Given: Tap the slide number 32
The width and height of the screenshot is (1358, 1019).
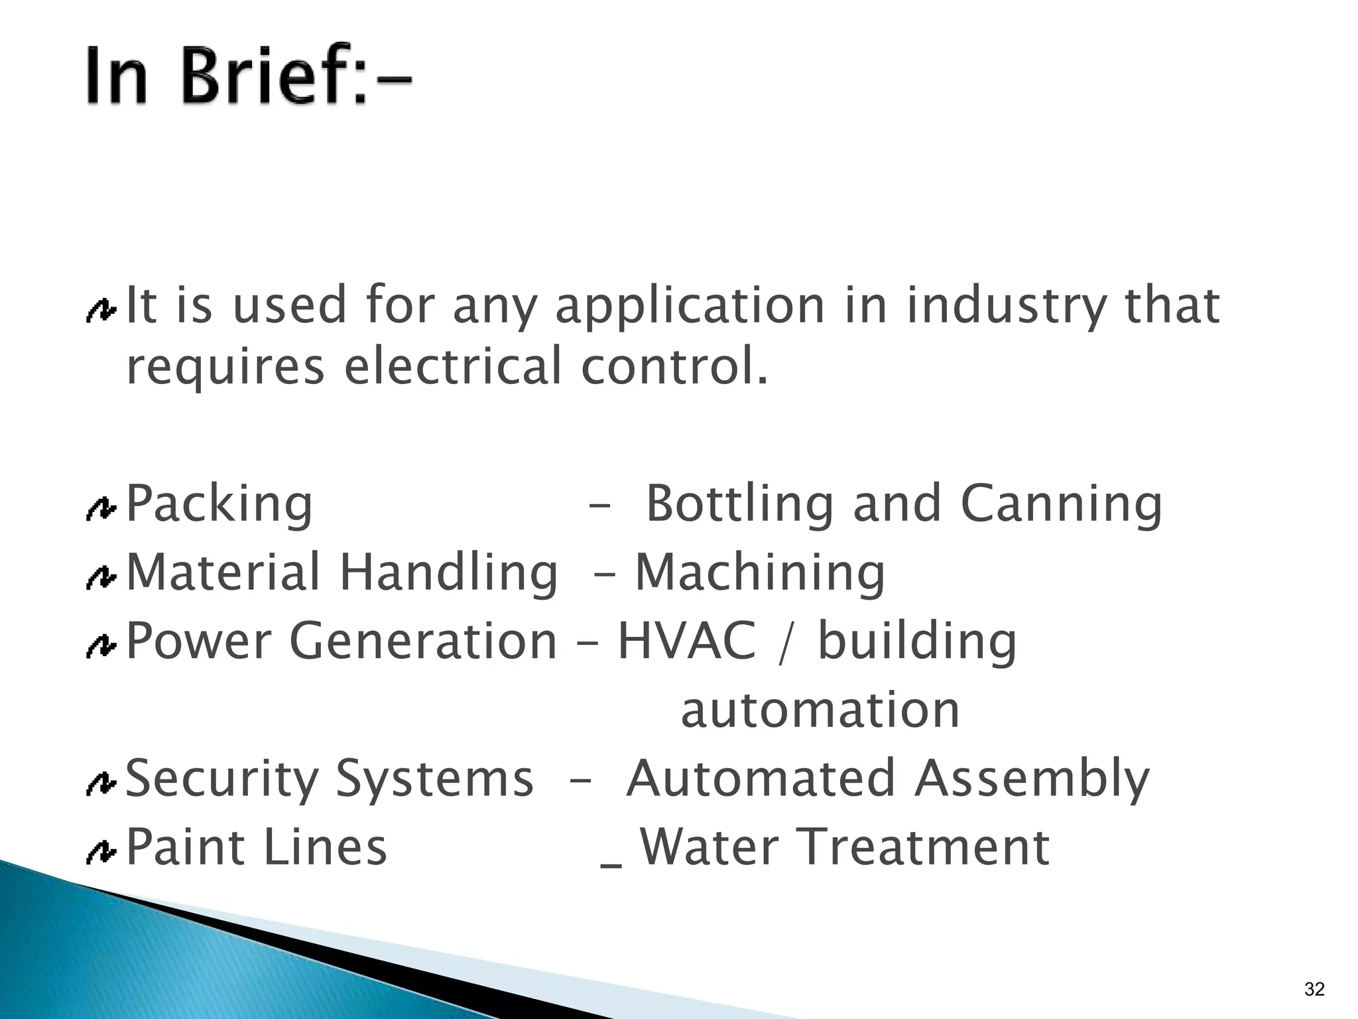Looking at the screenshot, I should (x=1314, y=989).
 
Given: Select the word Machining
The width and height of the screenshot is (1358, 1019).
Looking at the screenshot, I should (x=760, y=573).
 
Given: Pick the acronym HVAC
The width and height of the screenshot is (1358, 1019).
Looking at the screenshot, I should (x=686, y=641).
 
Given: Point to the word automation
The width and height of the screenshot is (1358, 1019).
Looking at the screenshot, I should (x=820, y=710).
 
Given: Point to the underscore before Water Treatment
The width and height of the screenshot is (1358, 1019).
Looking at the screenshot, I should (x=611, y=864).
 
